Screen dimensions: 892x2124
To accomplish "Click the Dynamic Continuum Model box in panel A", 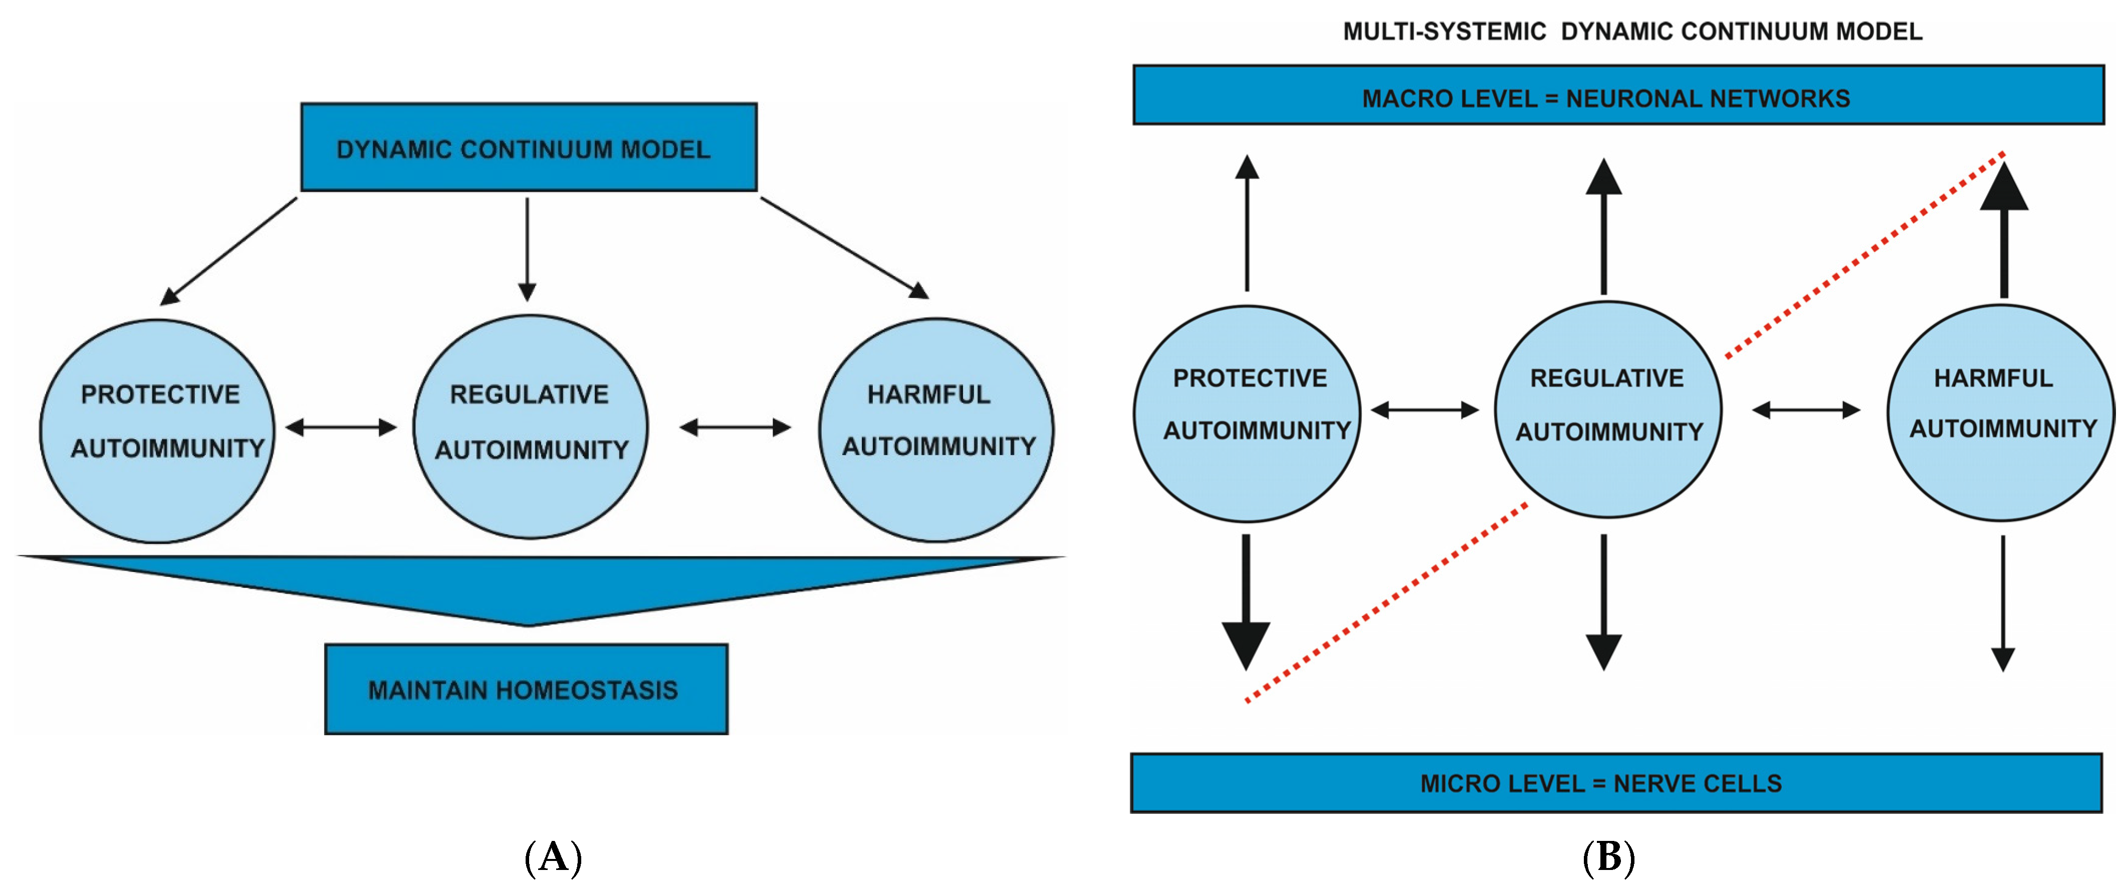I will pyautogui.click(x=529, y=148).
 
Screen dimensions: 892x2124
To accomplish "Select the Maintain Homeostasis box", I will pyautogui.click(x=526, y=689).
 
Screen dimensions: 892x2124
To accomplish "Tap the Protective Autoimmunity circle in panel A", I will pyautogui.click(x=157, y=430).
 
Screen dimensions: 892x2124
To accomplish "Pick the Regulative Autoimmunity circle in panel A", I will pyautogui.click(x=530, y=427).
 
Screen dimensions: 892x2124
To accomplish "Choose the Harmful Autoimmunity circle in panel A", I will pyautogui.click(x=936, y=430).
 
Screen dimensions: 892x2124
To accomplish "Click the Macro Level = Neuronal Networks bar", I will pyautogui.click(x=1618, y=96).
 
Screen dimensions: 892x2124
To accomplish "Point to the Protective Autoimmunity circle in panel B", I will pyautogui.click(x=1247, y=413).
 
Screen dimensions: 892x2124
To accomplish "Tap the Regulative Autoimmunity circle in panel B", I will pyautogui.click(x=1608, y=410).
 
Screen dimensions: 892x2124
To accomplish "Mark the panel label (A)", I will pyautogui.click(x=553, y=857).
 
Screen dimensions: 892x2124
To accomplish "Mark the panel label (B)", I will pyautogui.click(x=1608, y=857).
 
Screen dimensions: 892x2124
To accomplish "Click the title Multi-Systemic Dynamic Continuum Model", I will pyautogui.click(x=1632, y=32).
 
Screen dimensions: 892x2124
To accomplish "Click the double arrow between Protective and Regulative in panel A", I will pyautogui.click(x=341, y=427).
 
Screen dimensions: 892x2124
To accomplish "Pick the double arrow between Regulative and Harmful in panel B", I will pyautogui.click(x=1806, y=410).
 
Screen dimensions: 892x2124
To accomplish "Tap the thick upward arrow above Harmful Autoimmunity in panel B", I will pyautogui.click(x=2004, y=231).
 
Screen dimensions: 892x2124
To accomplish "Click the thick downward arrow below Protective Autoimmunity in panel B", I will pyautogui.click(x=1246, y=602).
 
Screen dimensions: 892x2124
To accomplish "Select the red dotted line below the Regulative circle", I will pyautogui.click(x=1385, y=602).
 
